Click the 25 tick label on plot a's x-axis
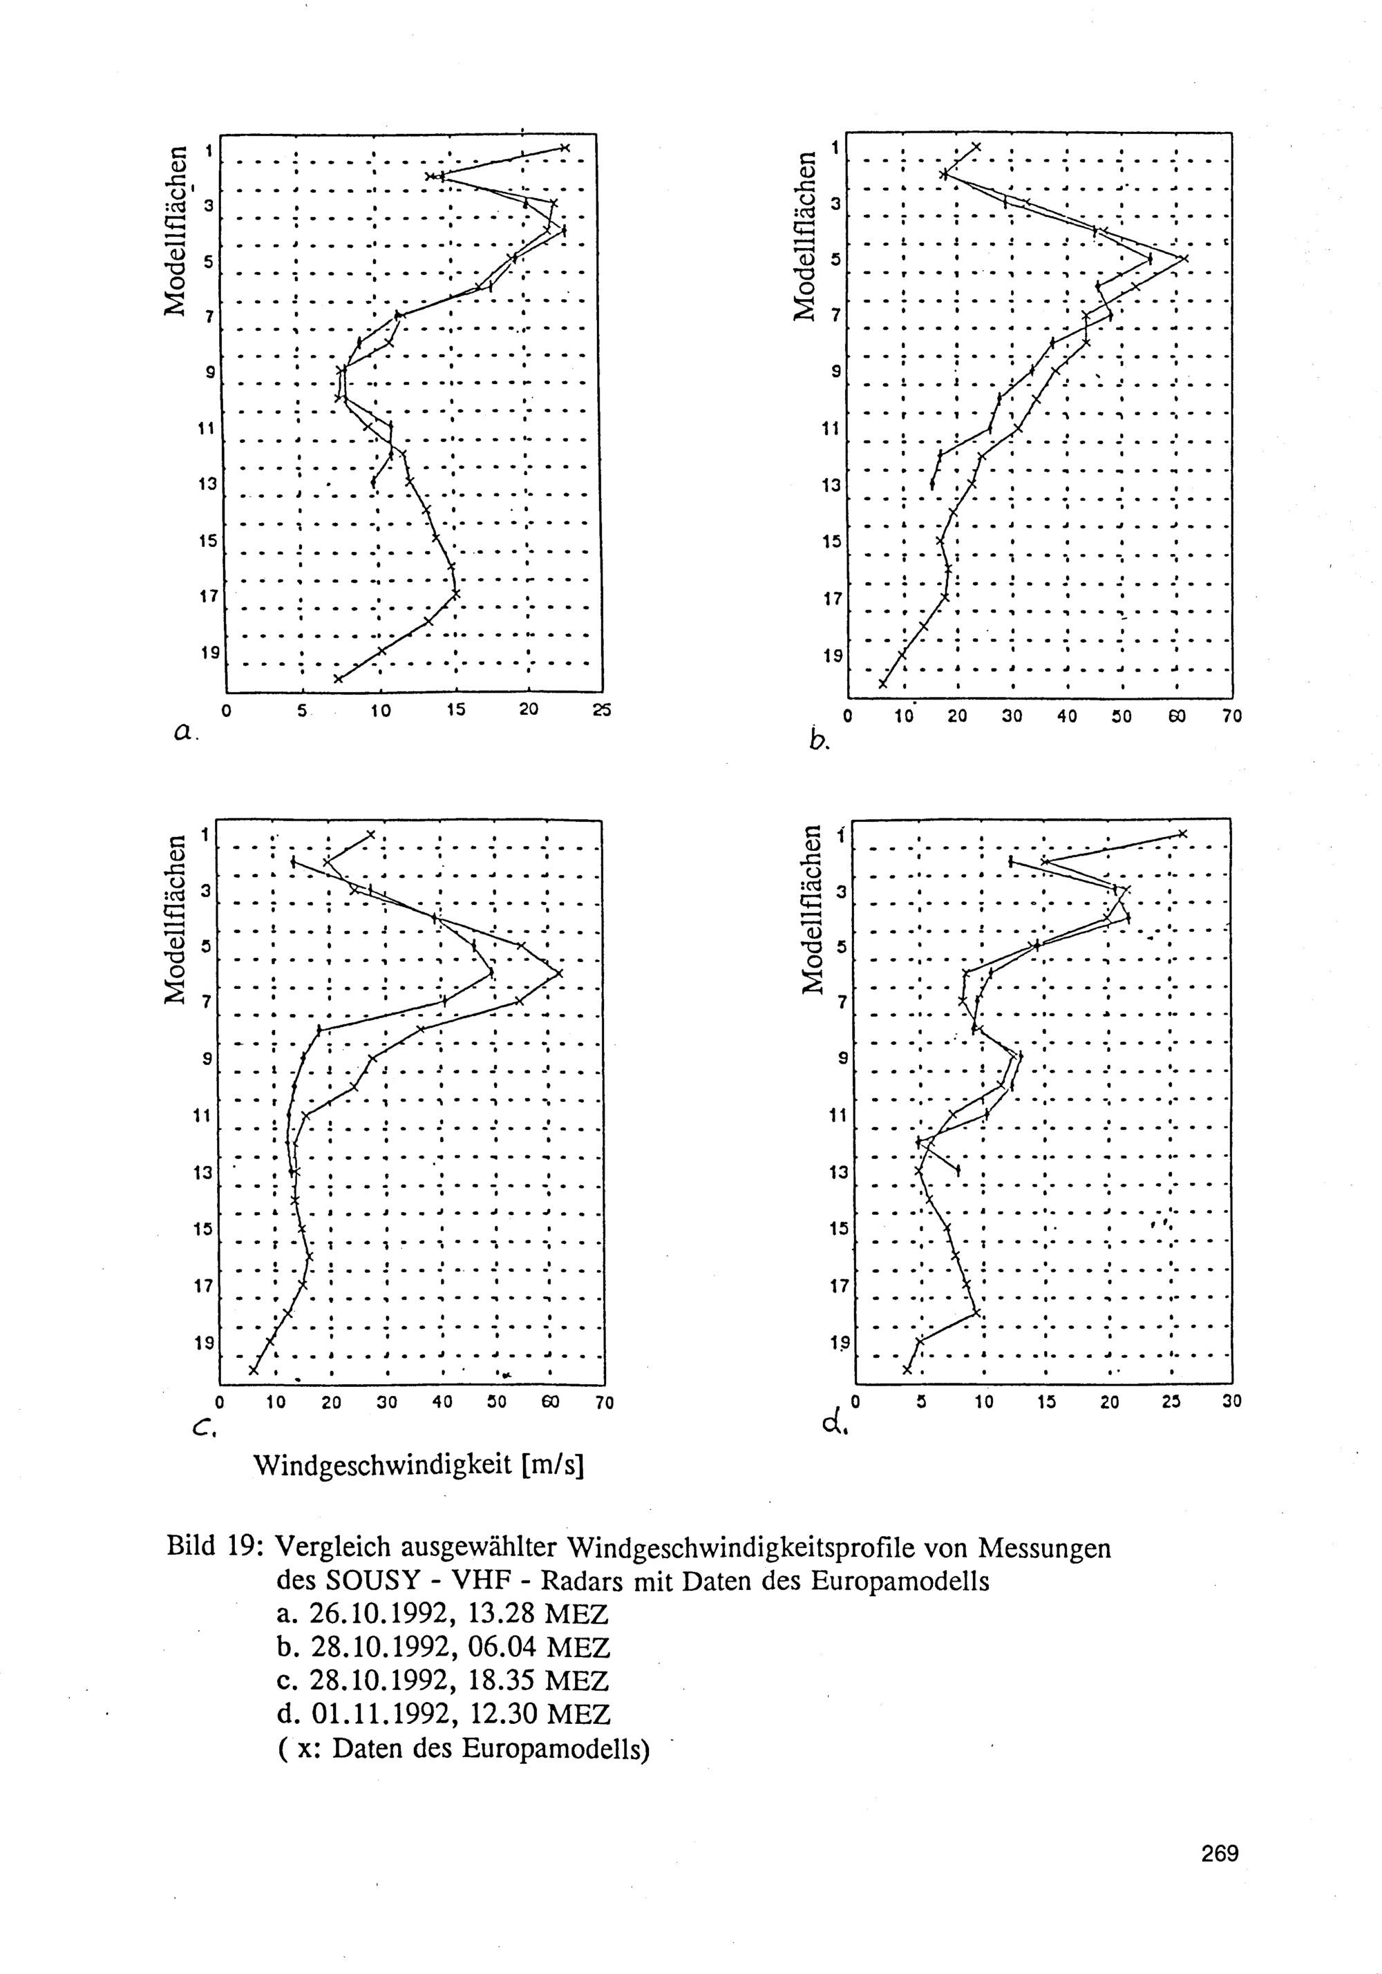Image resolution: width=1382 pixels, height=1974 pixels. (x=602, y=710)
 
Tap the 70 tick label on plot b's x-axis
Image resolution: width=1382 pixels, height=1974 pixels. (x=1231, y=716)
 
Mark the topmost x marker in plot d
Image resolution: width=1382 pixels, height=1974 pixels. (x=1182, y=833)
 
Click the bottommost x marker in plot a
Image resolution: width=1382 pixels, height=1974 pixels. (x=338, y=678)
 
